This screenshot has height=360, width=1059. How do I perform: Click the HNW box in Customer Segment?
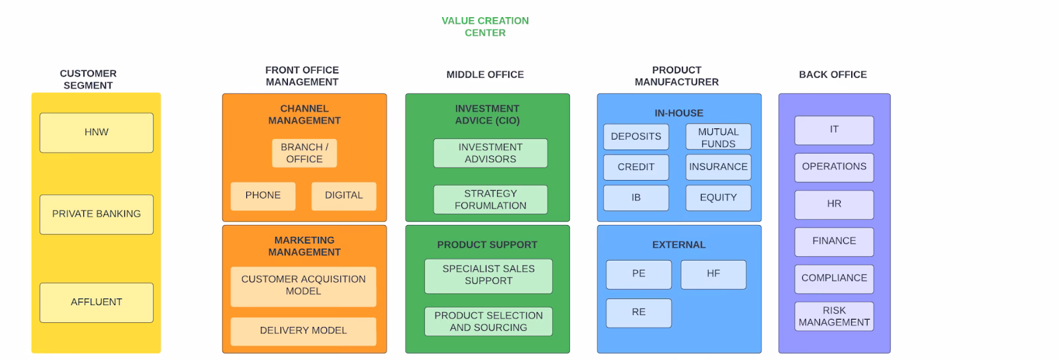(x=96, y=132)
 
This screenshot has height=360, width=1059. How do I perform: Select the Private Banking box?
(x=96, y=214)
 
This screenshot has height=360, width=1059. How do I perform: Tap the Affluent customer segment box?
(x=96, y=302)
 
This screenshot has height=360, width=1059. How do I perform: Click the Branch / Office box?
(x=304, y=153)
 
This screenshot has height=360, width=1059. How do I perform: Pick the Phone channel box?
(x=263, y=196)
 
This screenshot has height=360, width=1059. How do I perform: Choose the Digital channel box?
(x=344, y=196)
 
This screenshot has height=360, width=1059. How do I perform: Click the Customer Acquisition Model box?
(x=303, y=286)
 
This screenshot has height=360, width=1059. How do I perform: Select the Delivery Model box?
(x=303, y=331)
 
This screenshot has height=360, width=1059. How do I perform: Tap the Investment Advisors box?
(x=490, y=153)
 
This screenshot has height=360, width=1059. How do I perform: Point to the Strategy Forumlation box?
(x=490, y=199)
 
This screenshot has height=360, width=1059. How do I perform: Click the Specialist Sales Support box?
(x=488, y=275)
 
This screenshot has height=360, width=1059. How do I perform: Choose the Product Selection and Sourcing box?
(x=488, y=322)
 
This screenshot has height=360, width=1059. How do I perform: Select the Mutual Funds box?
(x=718, y=137)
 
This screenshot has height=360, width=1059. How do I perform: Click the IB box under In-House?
(x=635, y=197)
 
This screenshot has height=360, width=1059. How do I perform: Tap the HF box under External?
(x=713, y=274)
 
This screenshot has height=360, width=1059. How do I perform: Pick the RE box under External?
(x=638, y=312)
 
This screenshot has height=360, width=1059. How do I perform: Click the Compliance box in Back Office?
(x=834, y=279)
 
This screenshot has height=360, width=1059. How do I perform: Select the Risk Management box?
(x=834, y=316)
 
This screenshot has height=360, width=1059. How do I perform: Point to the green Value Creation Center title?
(x=485, y=26)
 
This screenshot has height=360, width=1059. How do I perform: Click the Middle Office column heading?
(x=485, y=75)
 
